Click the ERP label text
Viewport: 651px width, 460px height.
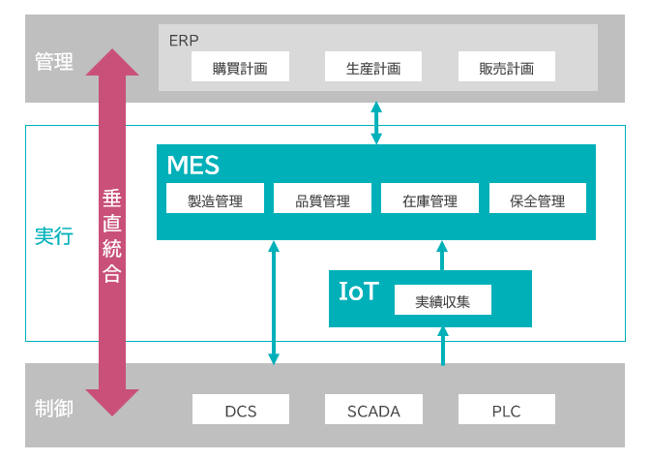(x=184, y=41)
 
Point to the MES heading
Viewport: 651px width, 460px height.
(x=192, y=165)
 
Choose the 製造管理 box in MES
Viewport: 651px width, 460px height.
(x=215, y=201)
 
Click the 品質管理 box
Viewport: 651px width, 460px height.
(x=322, y=201)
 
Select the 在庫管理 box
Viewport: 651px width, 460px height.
(x=429, y=201)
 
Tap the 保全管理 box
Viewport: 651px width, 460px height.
(x=538, y=201)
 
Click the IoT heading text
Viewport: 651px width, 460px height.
(x=359, y=291)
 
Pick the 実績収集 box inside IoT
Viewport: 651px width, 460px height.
(x=443, y=300)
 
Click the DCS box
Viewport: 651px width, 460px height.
(x=240, y=411)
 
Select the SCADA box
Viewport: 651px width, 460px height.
(x=373, y=411)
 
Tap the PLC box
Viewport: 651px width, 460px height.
(x=506, y=411)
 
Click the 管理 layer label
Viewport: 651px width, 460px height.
(x=54, y=62)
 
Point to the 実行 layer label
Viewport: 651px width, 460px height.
(x=54, y=235)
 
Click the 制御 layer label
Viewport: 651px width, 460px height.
(x=54, y=408)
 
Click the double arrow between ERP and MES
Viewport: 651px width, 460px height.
(x=376, y=123)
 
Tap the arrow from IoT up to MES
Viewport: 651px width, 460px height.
(x=443, y=255)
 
